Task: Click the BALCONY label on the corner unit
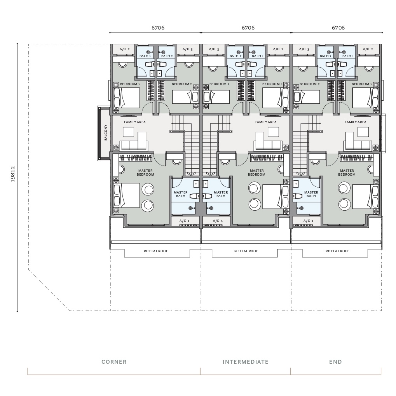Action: pyautogui.click(x=106, y=133)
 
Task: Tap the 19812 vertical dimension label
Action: pyautogui.click(x=12, y=174)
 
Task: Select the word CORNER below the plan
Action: pyautogui.click(x=114, y=362)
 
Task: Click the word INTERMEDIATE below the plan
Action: pyautogui.click(x=246, y=362)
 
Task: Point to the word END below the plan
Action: pyautogui.click(x=335, y=362)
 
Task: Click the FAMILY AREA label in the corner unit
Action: pyautogui.click(x=134, y=122)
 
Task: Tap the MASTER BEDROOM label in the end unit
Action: pyautogui.click(x=347, y=173)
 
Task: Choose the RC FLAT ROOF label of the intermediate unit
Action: pyautogui.click(x=246, y=251)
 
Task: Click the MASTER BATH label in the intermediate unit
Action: pyautogui.click(x=221, y=194)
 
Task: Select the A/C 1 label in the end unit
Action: pyautogui.click(x=308, y=221)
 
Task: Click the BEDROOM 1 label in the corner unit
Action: pyautogui.click(x=130, y=84)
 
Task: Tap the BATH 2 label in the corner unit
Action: pyautogui.click(x=167, y=56)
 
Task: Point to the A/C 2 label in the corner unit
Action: pyautogui.click(x=124, y=49)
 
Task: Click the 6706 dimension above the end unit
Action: pyautogui.click(x=338, y=28)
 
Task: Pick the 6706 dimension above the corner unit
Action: pyautogui.click(x=158, y=28)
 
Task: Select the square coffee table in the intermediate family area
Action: pyautogui.click(x=273, y=132)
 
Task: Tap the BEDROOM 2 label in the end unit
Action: pyautogui.click(x=310, y=84)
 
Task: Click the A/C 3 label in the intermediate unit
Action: pyautogui.click(x=214, y=49)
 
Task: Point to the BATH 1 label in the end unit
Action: pyautogui.click(x=348, y=56)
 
